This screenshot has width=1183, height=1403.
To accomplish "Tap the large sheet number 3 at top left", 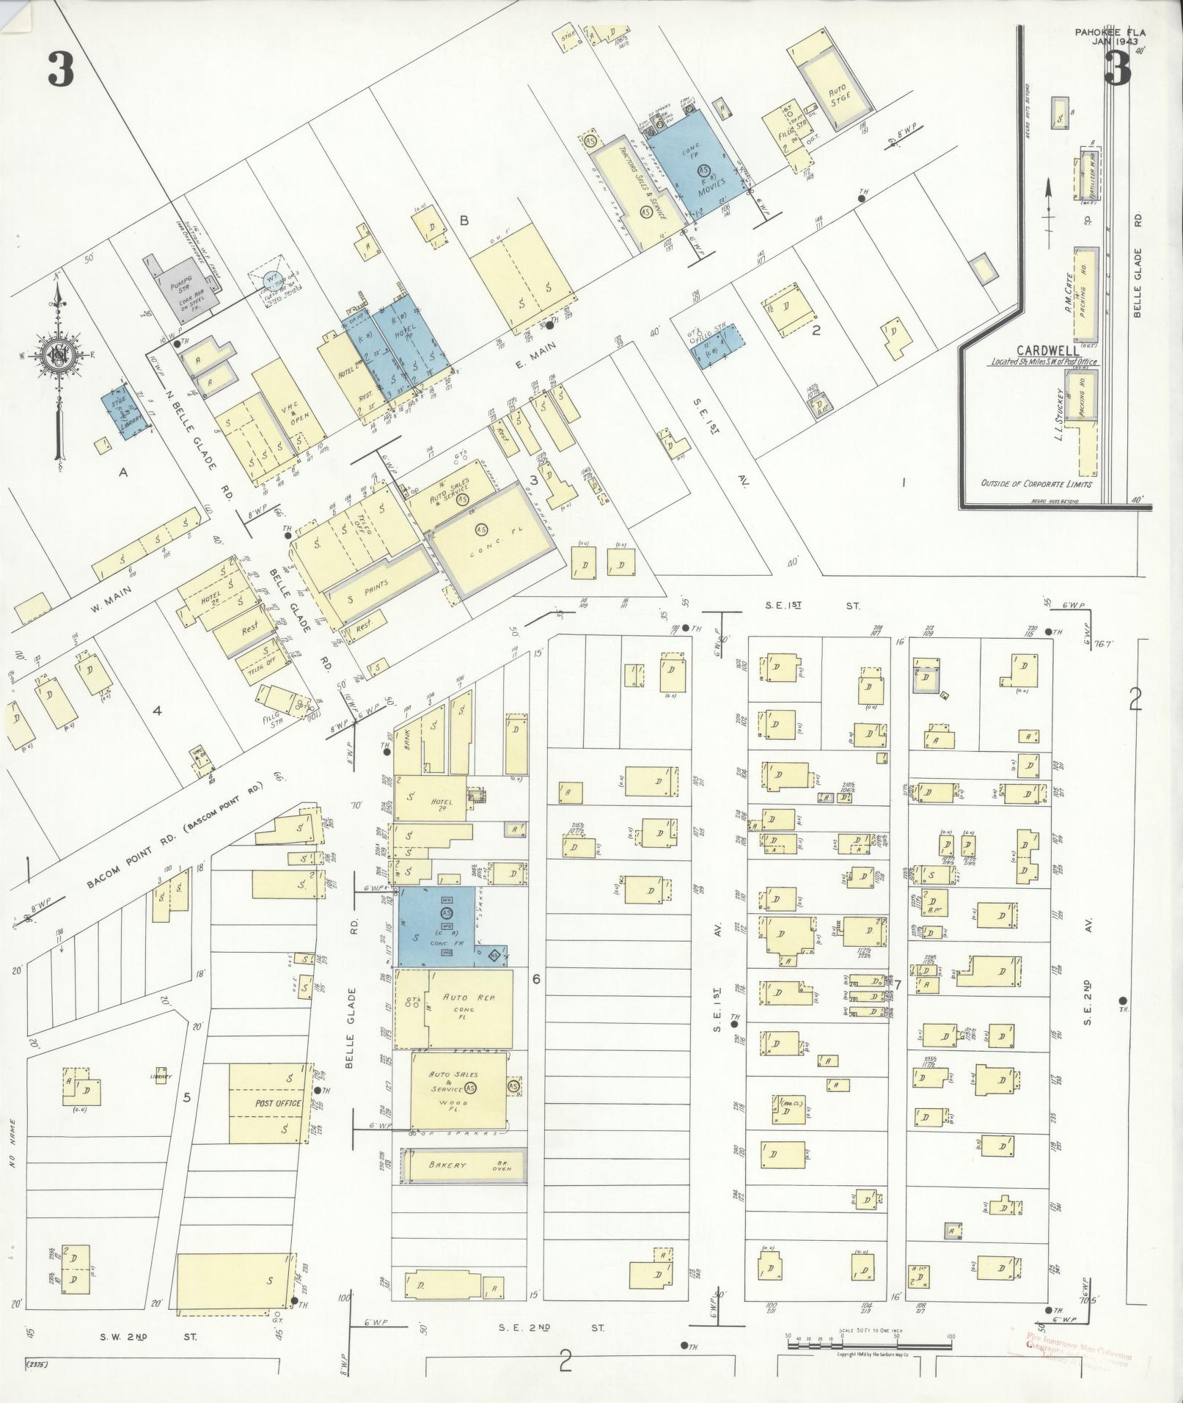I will tap(61, 70).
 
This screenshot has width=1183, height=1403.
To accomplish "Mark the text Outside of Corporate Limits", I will tap(1036, 484).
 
